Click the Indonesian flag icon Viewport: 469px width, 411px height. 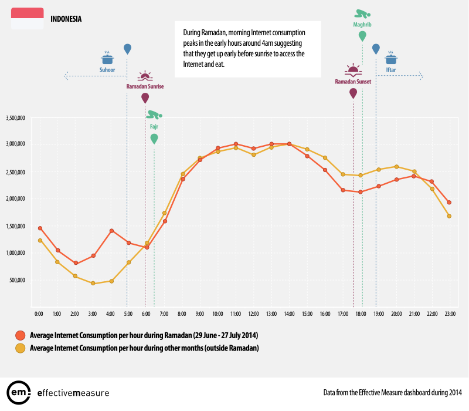point(27,18)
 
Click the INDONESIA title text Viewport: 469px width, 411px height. point(66,19)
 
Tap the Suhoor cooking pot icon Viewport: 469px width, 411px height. point(107,58)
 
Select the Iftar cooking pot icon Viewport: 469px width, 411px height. point(391,58)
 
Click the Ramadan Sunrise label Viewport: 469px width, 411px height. point(145,86)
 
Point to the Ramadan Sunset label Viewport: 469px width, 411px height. point(353,82)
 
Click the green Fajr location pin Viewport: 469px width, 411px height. point(154,139)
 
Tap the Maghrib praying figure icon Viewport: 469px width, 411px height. point(362,14)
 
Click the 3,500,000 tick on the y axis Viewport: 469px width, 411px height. point(15,118)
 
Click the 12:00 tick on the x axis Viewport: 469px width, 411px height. point(253,314)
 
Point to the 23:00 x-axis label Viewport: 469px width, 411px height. point(450,314)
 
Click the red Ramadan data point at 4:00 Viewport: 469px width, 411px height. point(111,231)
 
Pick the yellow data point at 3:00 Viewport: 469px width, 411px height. point(93,283)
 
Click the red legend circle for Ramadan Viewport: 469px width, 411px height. point(19,335)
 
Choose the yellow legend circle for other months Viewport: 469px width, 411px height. point(19,348)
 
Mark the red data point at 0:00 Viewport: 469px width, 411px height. point(39,228)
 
